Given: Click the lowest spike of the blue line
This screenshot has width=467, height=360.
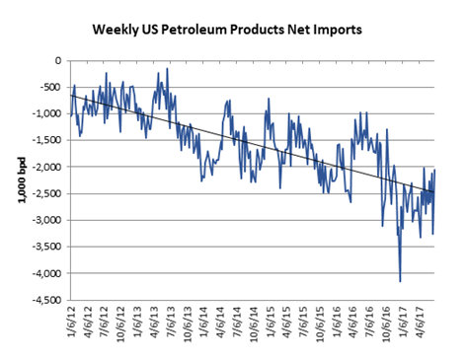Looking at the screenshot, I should point(400,281).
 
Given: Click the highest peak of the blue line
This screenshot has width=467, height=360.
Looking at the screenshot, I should point(168,68).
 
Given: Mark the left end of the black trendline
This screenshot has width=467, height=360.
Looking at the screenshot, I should point(72,94).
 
